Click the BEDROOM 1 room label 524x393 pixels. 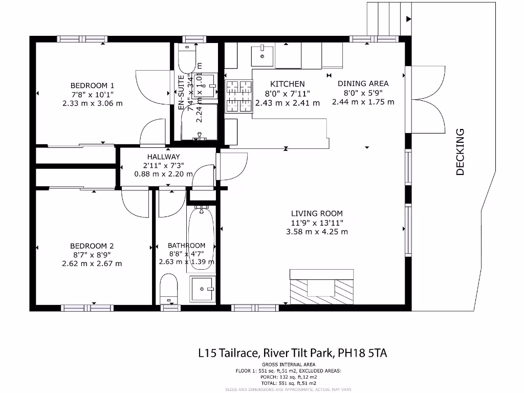click(x=92, y=85)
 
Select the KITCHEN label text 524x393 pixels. click(x=287, y=84)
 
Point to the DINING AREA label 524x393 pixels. click(x=363, y=83)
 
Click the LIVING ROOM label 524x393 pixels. click(x=317, y=213)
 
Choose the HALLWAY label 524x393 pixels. click(x=163, y=157)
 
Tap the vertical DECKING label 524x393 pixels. click(x=460, y=152)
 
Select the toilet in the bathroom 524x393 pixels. click(x=168, y=290)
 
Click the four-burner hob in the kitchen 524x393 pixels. click(x=239, y=97)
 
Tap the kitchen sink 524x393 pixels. click(x=262, y=55)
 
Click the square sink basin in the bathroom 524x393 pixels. click(x=203, y=290)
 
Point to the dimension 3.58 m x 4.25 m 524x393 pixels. click(x=317, y=232)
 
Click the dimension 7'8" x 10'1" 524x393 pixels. click(x=92, y=94)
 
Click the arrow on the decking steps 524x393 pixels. click(x=408, y=19)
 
